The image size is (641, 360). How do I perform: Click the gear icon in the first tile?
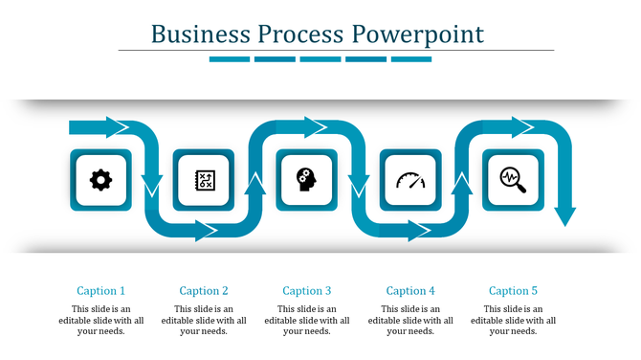(x=100, y=179)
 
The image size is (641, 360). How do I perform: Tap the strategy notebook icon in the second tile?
(x=203, y=179)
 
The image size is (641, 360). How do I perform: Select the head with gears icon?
(x=306, y=179)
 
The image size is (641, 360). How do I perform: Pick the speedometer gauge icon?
(x=409, y=179)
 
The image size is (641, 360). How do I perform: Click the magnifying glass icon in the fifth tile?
(x=513, y=179)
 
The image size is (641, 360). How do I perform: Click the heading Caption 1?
(x=100, y=291)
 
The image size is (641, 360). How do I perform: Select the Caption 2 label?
(x=204, y=291)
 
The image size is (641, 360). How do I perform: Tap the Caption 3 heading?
(x=307, y=291)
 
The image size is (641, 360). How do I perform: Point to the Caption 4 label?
(x=410, y=291)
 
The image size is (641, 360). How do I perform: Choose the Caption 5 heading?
(x=513, y=291)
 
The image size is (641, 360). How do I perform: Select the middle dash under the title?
(x=320, y=59)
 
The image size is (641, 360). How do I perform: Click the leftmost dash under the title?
(x=229, y=59)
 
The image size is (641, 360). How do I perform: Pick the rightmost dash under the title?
(x=411, y=59)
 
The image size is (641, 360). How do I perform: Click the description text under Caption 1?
(x=100, y=320)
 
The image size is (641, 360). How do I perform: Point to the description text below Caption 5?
(x=513, y=320)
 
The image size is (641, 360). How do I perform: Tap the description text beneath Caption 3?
(x=307, y=320)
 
